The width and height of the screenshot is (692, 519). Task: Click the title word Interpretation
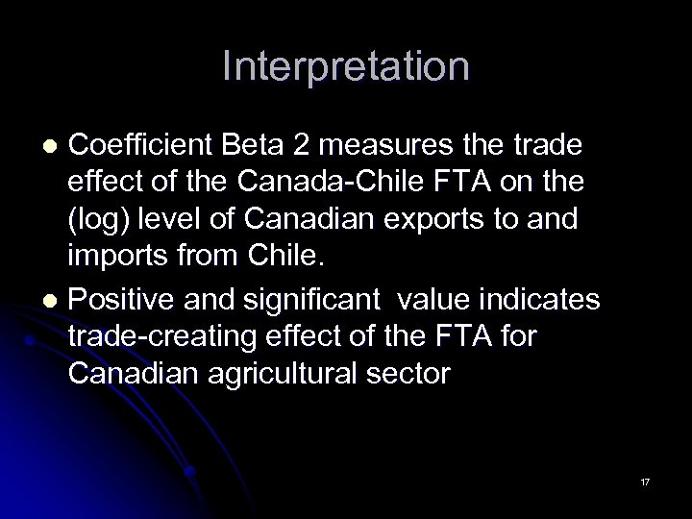(x=345, y=66)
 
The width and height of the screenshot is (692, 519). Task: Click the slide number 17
(x=645, y=481)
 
